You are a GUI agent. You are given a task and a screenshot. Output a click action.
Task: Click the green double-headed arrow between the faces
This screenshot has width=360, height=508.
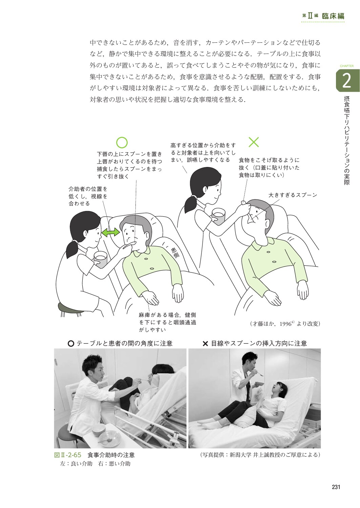click(x=110, y=232)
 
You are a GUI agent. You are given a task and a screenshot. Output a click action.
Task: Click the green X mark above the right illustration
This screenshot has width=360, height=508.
click(x=254, y=142)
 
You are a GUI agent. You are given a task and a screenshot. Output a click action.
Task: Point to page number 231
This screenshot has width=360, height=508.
click(x=336, y=487)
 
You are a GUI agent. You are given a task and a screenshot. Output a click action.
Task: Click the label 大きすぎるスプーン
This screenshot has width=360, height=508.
click(x=293, y=195)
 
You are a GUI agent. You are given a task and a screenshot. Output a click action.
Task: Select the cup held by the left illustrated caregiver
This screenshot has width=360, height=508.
click(x=100, y=259)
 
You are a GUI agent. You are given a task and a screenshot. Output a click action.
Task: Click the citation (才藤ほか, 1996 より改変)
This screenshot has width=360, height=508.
click(x=285, y=323)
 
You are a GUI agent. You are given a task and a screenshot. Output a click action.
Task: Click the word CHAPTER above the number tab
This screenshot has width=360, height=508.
click(x=346, y=66)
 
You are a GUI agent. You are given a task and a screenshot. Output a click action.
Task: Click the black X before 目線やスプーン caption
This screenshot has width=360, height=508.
click(x=205, y=344)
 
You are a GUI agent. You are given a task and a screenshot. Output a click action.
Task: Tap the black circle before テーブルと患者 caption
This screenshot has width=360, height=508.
click(x=71, y=344)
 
